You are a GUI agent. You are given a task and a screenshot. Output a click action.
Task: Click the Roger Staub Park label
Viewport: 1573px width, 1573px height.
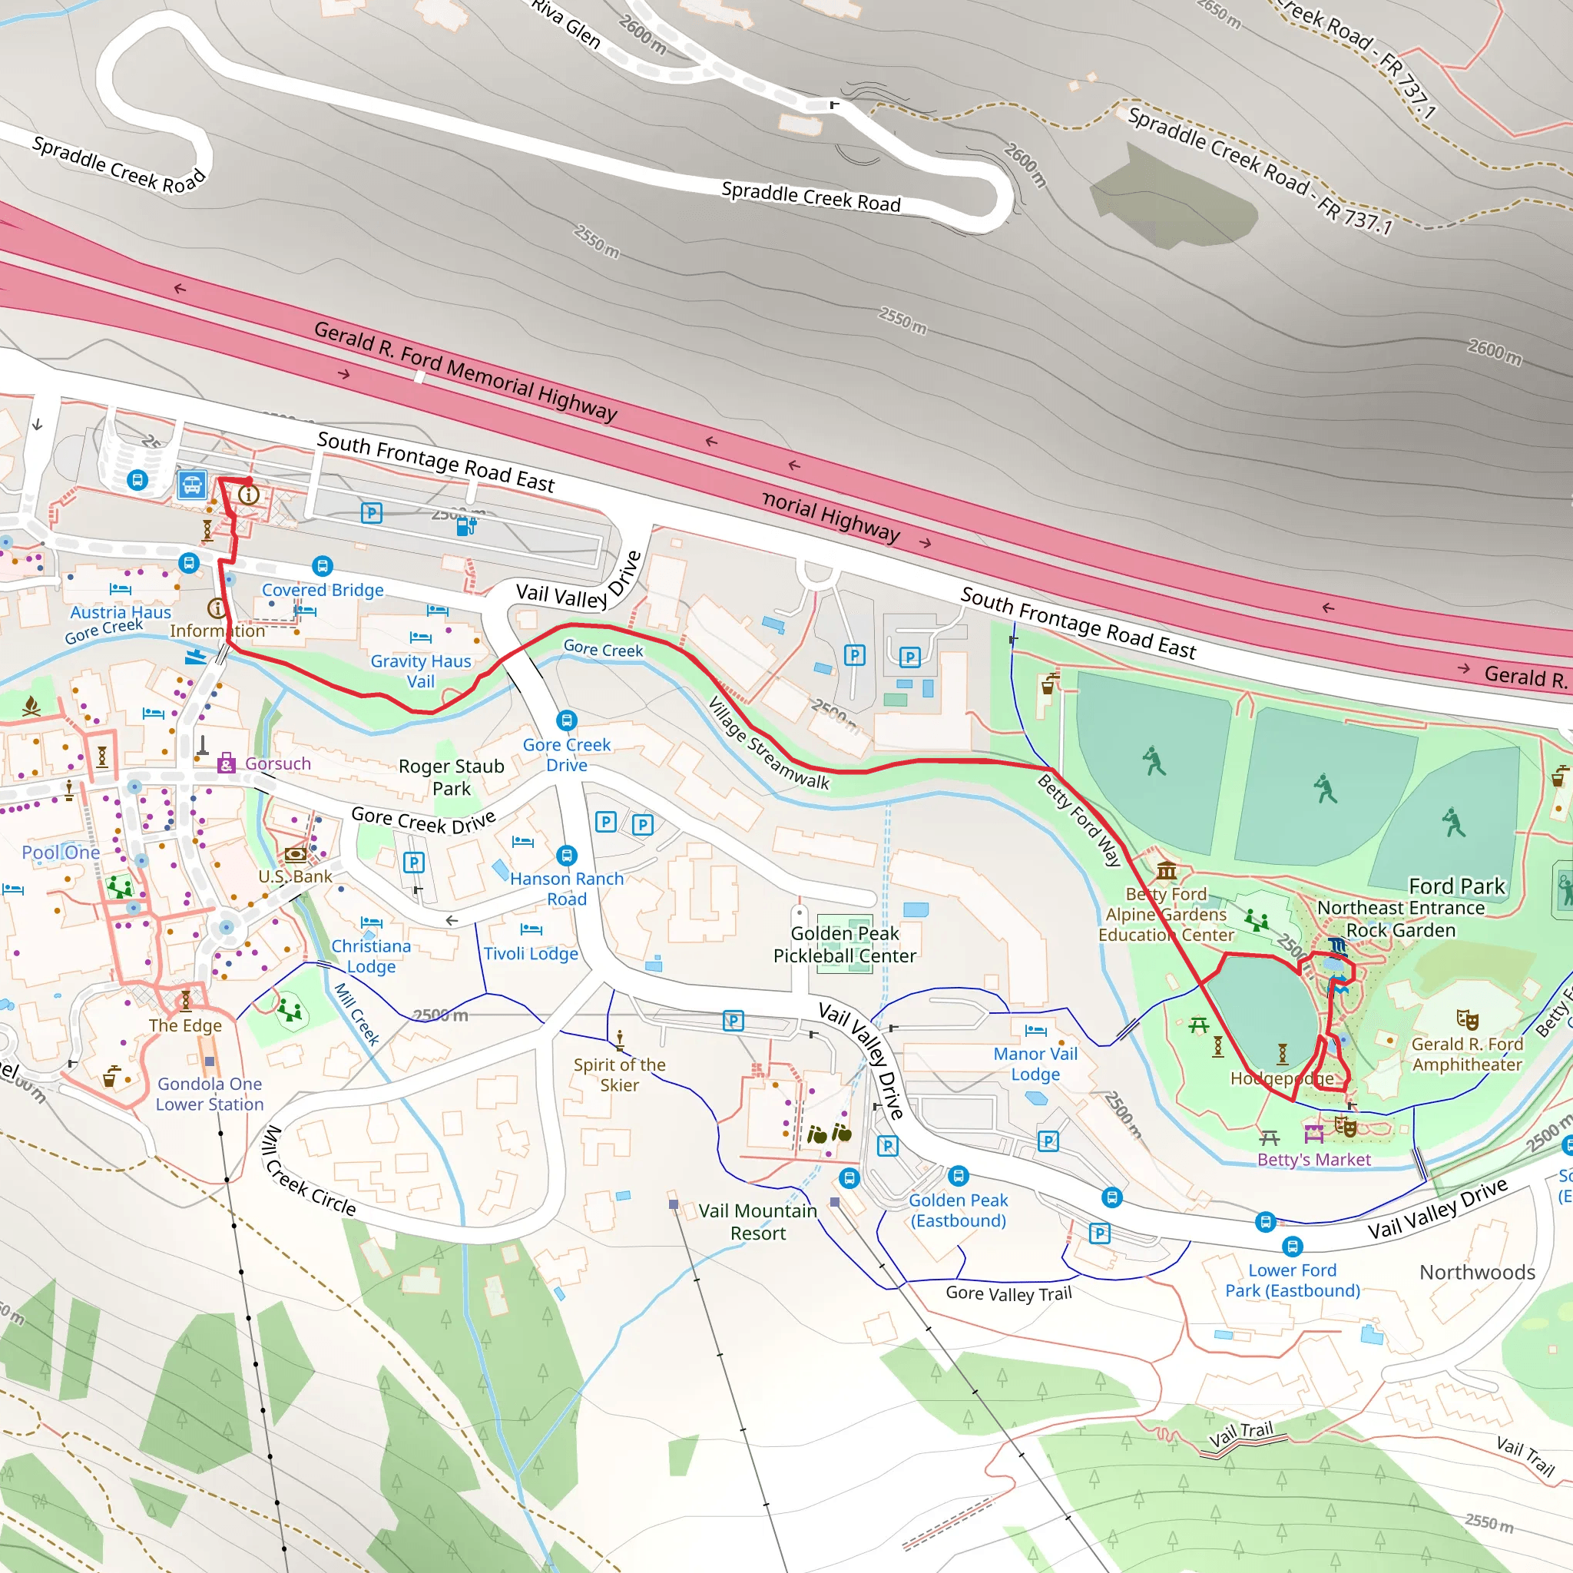451,777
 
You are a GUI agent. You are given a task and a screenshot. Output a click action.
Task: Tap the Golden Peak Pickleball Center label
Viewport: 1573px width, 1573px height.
844,945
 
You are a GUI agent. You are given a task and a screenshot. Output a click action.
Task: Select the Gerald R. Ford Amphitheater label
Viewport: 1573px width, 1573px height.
1466,1054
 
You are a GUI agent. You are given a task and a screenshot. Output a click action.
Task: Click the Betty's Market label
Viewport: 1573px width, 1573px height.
1313,1159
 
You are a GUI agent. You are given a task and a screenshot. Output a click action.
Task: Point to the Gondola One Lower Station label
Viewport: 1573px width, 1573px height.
210,1094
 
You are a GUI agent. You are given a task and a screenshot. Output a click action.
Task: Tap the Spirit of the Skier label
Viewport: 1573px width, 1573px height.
619,1074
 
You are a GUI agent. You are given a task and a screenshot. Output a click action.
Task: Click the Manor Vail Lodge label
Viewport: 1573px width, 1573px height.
1035,1063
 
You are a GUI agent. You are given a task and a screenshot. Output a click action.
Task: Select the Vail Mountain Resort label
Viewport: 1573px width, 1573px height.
757,1221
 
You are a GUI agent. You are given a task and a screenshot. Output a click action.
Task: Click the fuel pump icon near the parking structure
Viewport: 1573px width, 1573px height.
465,526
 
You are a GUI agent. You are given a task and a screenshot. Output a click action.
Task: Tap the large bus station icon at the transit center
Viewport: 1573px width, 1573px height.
192,486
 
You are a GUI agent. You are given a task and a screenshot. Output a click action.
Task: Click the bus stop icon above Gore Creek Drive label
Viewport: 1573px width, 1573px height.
567,720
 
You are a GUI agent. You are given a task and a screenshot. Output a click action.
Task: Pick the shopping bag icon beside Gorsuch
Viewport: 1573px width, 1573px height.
227,763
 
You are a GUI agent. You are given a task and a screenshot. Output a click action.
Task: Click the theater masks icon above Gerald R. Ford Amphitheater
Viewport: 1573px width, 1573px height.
1466,1019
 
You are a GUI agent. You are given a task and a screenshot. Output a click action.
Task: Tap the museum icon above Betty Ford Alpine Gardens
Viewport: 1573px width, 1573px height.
1166,870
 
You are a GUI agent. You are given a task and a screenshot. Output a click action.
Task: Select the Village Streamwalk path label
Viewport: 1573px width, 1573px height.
768,743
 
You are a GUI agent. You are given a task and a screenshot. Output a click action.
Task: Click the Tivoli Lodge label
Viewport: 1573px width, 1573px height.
530,953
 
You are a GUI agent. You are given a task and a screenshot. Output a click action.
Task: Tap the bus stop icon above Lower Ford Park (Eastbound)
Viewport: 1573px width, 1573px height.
1292,1247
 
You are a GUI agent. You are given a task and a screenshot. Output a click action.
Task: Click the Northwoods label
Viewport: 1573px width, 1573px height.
1477,1273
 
